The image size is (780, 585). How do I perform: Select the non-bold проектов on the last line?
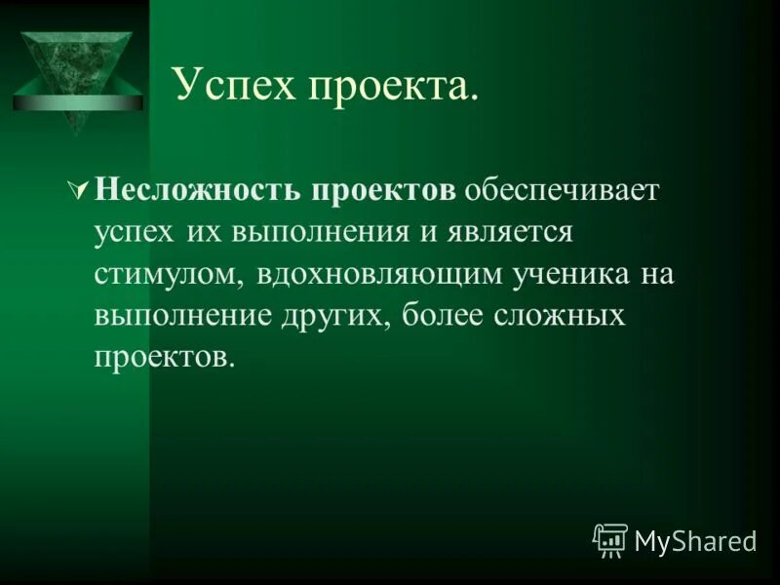tap(164, 358)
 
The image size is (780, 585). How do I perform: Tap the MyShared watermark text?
tap(696, 540)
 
